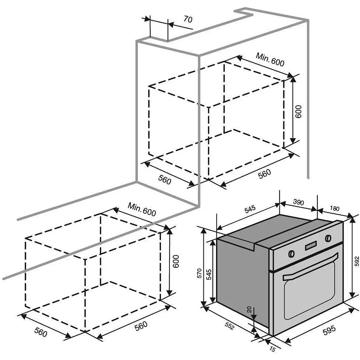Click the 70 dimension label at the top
pos(188,20)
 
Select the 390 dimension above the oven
pos(298,202)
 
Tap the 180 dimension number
pos(334,209)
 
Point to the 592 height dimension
pos(356,261)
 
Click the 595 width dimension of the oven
pos(329,330)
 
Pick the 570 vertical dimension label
pos(199,273)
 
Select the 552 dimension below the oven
pos(229,326)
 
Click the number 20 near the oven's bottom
pos(249,310)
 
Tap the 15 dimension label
pos(272,349)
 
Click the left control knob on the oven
pos(291,253)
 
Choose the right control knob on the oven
pos(328,238)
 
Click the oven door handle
pos(310,267)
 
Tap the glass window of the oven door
pos(309,289)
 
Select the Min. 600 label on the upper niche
pos(270,59)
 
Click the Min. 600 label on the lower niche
pos(141,209)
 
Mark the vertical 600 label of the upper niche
pos(298,111)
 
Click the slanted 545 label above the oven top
pos(250,209)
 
